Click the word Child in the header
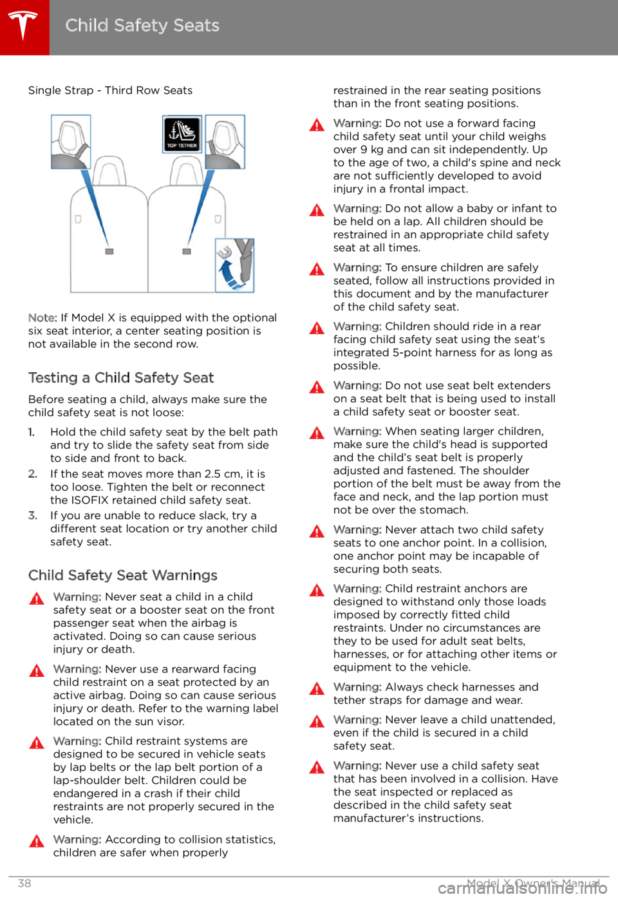tap(86, 26)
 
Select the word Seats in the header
tap(196, 26)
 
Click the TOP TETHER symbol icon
tap(182, 135)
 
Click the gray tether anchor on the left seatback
tap(109, 251)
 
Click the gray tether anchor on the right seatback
tap(187, 251)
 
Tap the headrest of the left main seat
tap(109, 171)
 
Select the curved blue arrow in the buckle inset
tap(226, 272)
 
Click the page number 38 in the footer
tap(24, 884)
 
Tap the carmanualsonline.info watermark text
tap(521, 889)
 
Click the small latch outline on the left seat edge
tap(78, 220)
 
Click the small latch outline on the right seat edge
tap(218, 220)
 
